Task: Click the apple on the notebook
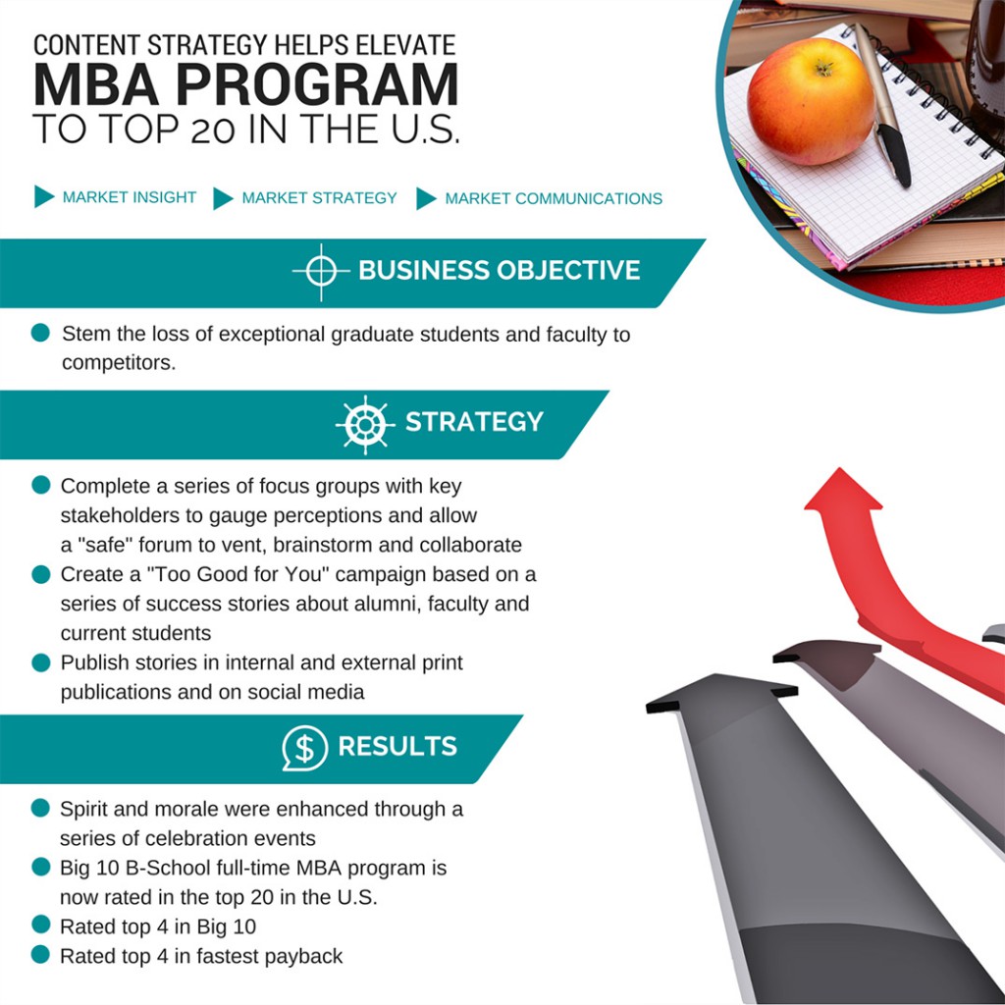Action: coord(810,101)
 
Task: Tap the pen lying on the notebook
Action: coord(882,106)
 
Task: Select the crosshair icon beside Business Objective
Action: coord(321,272)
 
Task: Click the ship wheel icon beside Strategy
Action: coord(365,424)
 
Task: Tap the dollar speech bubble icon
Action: coord(305,747)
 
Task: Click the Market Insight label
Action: coord(130,197)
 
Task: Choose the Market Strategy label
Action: coord(319,198)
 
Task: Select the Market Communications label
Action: coord(554,198)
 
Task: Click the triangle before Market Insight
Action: coord(43,196)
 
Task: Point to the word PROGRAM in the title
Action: coord(317,84)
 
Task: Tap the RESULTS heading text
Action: coord(397,746)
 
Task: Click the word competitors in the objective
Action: coord(119,363)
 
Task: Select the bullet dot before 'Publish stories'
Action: coord(41,662)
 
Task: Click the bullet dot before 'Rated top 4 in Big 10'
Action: coord(40,925)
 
